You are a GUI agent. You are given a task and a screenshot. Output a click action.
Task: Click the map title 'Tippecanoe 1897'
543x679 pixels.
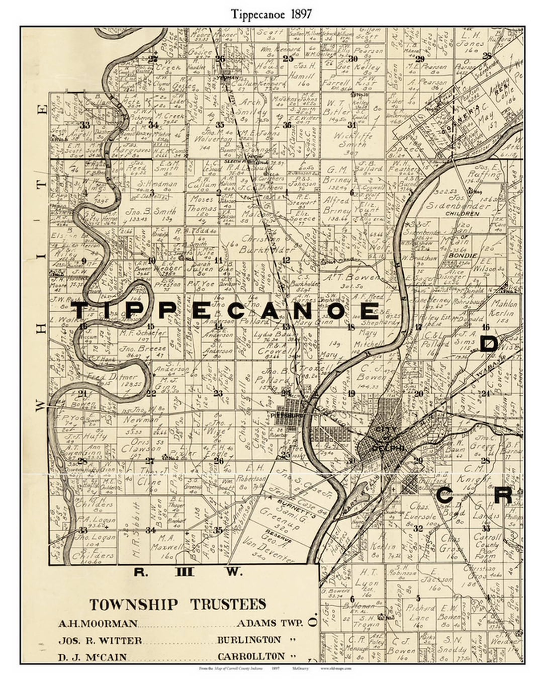[271, 14]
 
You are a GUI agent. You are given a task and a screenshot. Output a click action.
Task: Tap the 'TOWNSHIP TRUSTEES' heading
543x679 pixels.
[177, 604]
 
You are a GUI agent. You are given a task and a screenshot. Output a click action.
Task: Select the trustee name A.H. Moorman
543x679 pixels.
[98, 624]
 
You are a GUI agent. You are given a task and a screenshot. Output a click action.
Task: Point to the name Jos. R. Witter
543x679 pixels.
[100, 640]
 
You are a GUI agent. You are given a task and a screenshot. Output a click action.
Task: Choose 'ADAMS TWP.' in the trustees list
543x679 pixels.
[269, 623]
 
